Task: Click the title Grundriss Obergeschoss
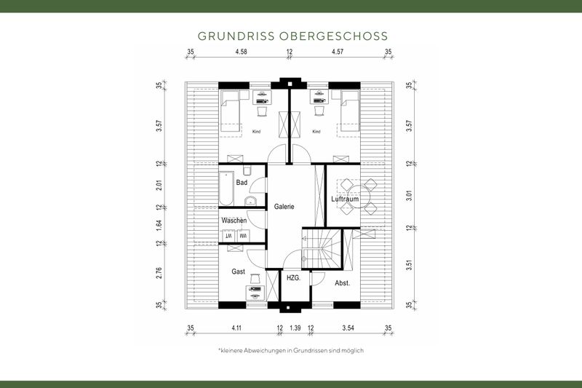click(x=292, y=36)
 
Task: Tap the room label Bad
click(x=242, y=183)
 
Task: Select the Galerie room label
click(x=284, y=207)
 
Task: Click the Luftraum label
click(x=345, y=199)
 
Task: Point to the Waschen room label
click(x=234, y=221)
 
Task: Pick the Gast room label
click(x=238, y=272)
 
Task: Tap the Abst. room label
click(x=342, y=282)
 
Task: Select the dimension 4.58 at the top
click(x=242, y=52)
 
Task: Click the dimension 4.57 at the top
click(x=338, y=52)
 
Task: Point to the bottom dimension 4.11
click(x=237, y=328)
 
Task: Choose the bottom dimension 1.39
click(x=295, y=328)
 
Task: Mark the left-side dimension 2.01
click(x=159, y=185)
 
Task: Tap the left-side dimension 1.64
click(x=159, y=224)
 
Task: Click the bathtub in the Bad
click(x=226, y=187)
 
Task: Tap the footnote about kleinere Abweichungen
click(x=290, y=350)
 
